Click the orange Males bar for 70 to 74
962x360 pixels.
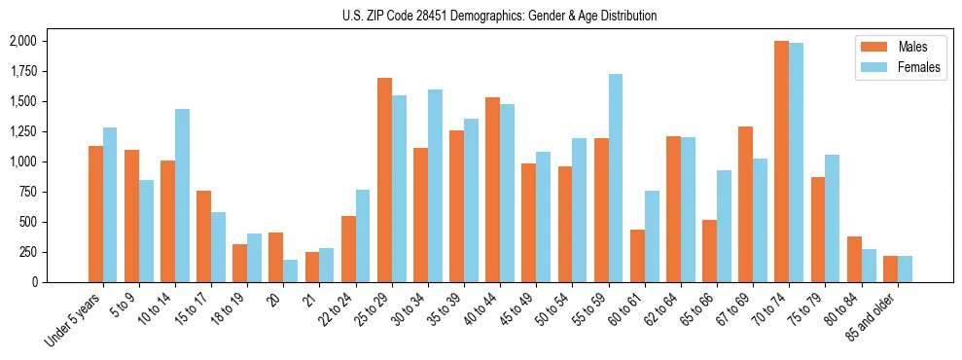(x=781, y=162)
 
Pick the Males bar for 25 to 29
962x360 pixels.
(x=384, y=180)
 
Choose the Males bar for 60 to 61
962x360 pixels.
(x=637, y=256)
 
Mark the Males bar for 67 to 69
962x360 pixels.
(x=745, y=204)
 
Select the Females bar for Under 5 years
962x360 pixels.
(x=110, y=204)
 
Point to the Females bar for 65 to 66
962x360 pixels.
(x=724, y=226)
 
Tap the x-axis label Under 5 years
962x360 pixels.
(x=74, y=320)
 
